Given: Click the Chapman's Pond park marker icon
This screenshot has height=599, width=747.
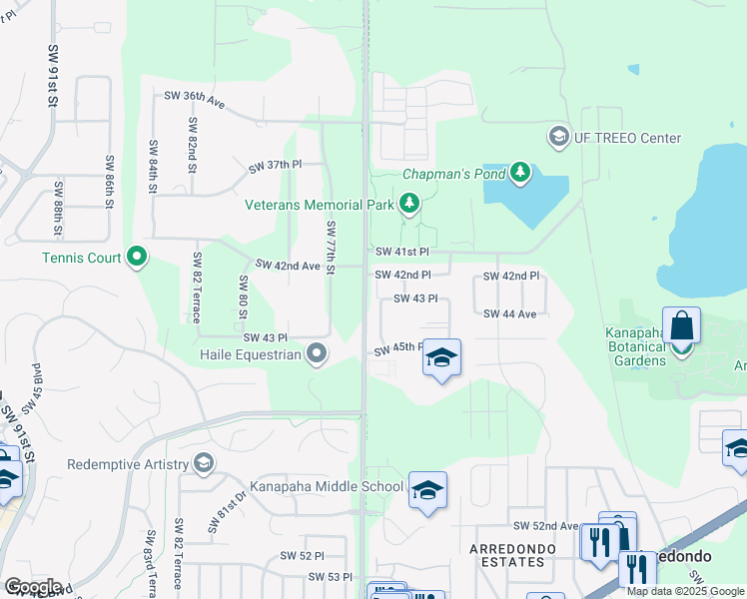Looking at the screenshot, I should tap(519, 174).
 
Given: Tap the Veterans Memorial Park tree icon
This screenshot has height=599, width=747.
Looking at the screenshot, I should tap(408, 205).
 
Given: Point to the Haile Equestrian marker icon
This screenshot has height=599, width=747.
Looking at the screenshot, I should tap(318, 354).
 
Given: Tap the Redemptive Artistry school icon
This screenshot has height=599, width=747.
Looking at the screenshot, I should tap(204, 464).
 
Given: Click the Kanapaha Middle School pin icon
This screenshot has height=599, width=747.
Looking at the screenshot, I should tap(427, 490).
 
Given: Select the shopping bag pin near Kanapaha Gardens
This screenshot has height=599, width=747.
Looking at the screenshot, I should tap(681, 325).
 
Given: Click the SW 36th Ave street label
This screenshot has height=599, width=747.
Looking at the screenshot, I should tap(196, 96).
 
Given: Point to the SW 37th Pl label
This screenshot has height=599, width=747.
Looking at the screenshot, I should tap(275, 164).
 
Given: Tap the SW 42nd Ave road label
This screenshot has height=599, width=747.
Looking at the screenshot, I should tap(288, 266).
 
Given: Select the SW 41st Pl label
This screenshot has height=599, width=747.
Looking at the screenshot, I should tap(401, 253).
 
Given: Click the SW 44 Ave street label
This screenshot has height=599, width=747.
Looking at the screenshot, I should tap(510, 313).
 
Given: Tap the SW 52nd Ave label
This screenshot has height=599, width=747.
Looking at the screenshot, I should tap(545, 525).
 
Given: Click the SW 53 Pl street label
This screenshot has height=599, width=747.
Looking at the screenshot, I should tap(331, 577).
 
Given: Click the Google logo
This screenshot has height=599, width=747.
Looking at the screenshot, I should tap(33, 587).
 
